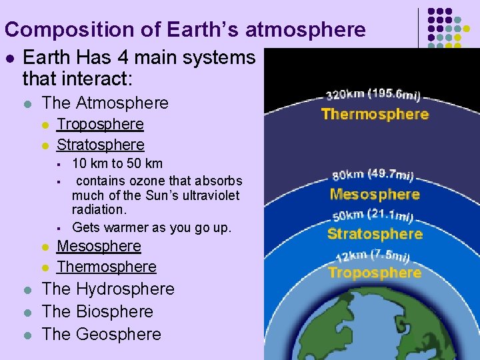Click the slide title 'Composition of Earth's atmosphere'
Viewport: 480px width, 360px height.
(x=185, y=30)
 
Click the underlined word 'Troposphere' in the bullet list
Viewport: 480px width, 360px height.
(x=100, y=124)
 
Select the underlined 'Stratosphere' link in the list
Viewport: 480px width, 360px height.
(x=101, y=145)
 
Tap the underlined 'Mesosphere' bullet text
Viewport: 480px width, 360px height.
(x=99, y=246)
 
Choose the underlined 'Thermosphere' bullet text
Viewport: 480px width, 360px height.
(x=107, y=267)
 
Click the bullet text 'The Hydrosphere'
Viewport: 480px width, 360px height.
(x=108, y=289)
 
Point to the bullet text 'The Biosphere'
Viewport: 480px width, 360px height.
(x=97, y=312)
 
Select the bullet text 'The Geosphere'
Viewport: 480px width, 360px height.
(x=101, y=334)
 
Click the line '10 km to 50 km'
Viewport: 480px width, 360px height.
(x=117, y=163)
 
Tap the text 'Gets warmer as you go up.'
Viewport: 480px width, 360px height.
(x=152, y=227)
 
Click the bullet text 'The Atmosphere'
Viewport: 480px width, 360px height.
(x=105, y=103)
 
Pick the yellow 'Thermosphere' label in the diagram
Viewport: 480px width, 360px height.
(x=375, y=114)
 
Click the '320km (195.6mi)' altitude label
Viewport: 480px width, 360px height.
(x=373, y=95)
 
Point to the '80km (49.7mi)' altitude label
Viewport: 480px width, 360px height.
(x=373, y=176)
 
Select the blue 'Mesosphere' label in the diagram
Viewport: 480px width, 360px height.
(x=375, y=195)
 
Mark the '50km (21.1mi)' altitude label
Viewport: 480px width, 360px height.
(x=374, y=216)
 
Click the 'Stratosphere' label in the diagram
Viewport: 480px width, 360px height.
(x=375, y=234)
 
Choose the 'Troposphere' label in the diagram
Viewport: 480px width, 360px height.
(x=375, y=273)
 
